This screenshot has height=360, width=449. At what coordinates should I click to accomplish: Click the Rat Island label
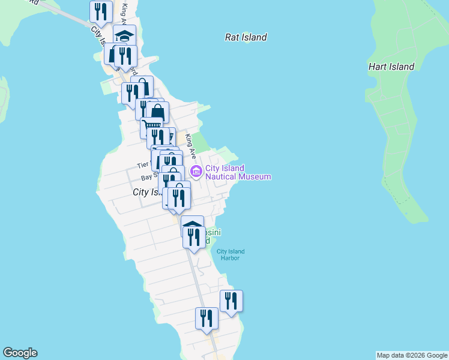coord(246,37)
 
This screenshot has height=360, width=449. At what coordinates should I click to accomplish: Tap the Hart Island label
coord(391,67)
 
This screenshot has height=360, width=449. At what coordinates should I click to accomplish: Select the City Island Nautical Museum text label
coord(238,173)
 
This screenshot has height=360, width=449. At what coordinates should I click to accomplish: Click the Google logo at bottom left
coord(20,353)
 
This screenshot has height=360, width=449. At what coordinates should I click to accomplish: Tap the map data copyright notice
coord(412,355)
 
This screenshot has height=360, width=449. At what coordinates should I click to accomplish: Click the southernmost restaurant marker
coord(206,319)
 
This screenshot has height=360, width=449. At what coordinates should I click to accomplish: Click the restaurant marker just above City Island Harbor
coord(193,237)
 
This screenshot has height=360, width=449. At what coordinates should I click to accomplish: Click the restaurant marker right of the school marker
coord(126,56)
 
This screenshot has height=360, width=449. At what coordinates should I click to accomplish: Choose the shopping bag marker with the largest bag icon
coord(157,112)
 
